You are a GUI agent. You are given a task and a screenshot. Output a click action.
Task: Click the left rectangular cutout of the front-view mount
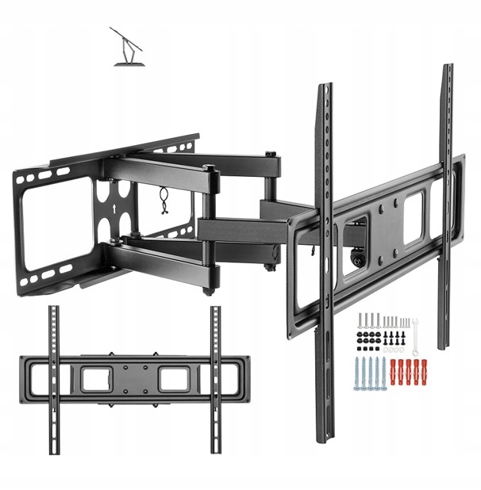[x=97, y=378]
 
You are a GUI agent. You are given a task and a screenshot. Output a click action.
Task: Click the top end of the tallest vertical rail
[x=447, y=70]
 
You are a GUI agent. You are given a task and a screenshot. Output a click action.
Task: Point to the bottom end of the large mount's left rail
[x=325, y=436]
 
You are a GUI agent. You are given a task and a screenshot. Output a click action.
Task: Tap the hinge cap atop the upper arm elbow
[x=208, y=169]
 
